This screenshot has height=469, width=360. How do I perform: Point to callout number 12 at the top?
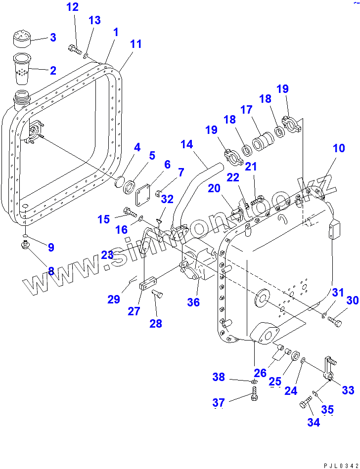click(72, 7)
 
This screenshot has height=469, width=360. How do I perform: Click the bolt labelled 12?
click(75, 49)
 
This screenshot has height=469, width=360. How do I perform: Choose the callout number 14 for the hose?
click(186, 144)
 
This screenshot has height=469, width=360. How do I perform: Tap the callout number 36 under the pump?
click(193, 301)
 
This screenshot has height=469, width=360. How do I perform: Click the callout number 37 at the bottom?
click(219, 403)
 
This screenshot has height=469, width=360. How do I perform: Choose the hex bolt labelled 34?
click(305, 406)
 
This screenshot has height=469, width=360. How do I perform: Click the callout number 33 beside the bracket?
click(348, 390)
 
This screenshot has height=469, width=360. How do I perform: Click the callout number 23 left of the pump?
click(108, 255)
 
